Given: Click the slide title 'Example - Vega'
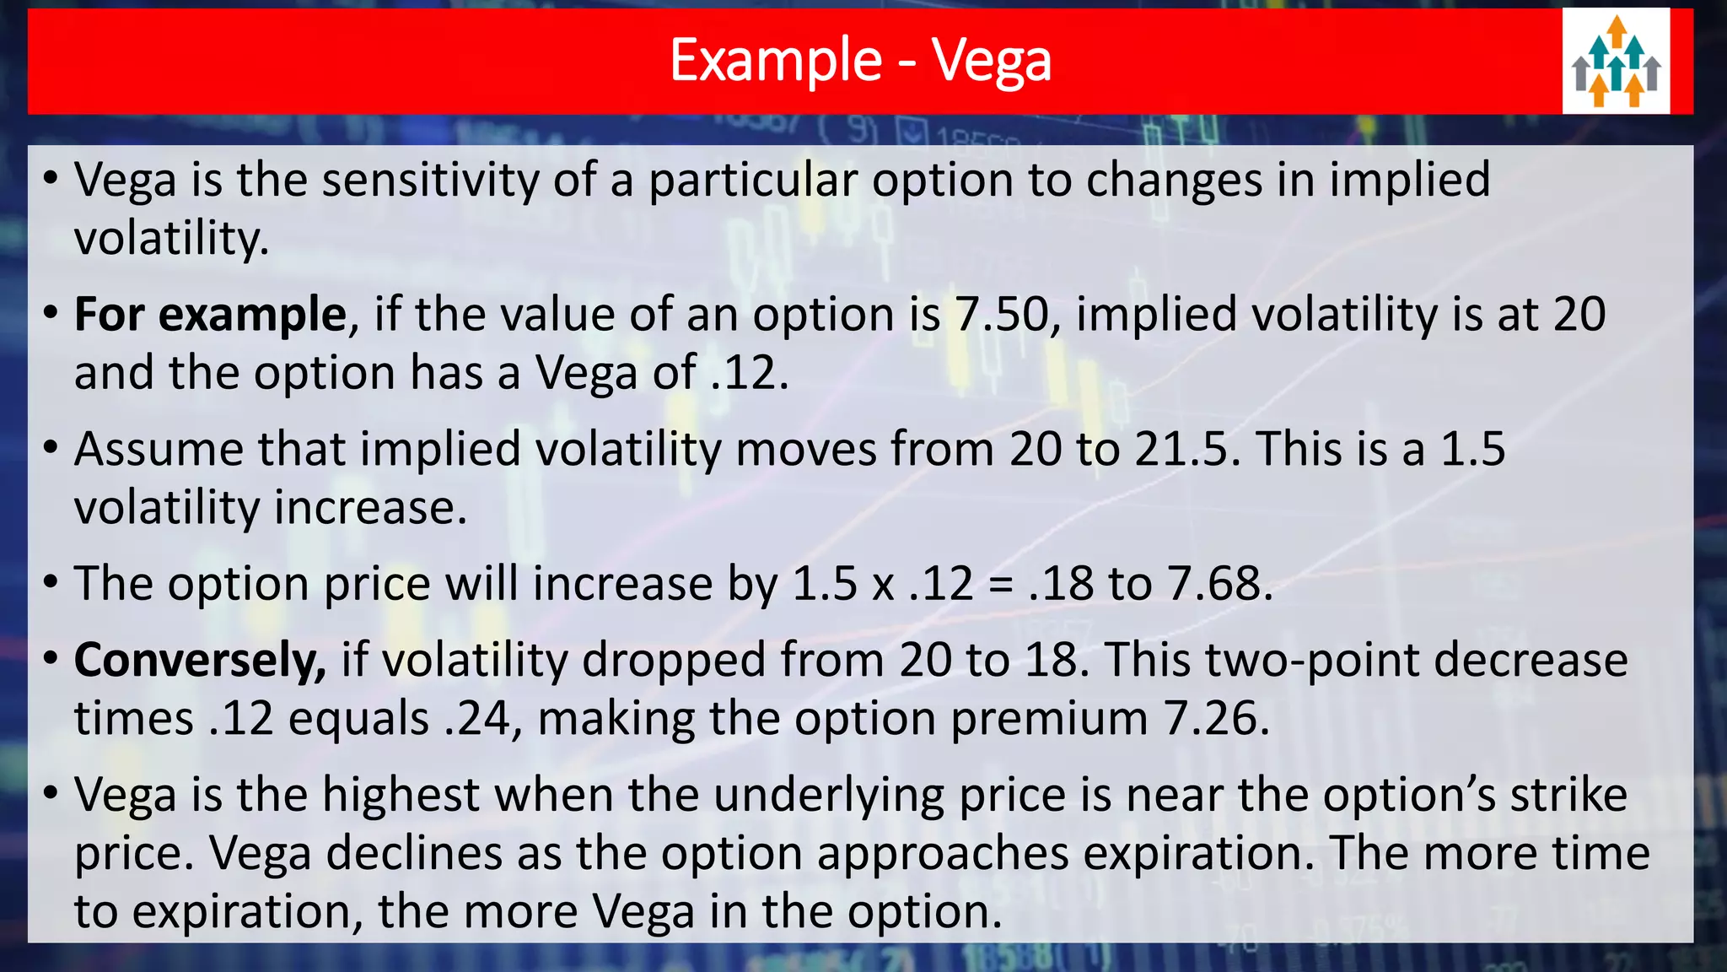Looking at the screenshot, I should point(860,61).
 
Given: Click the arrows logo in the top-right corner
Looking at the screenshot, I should point(1616,62).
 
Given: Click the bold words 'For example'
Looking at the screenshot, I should point(210,315).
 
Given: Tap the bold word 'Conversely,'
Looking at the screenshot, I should point(200,660).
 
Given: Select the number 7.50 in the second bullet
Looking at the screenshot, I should point(1002,315).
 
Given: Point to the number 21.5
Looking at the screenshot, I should point(1187,449).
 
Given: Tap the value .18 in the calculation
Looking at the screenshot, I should point(1060,584).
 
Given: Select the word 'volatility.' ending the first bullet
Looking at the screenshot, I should point(172,239).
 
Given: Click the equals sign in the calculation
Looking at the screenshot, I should point(1000,586).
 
